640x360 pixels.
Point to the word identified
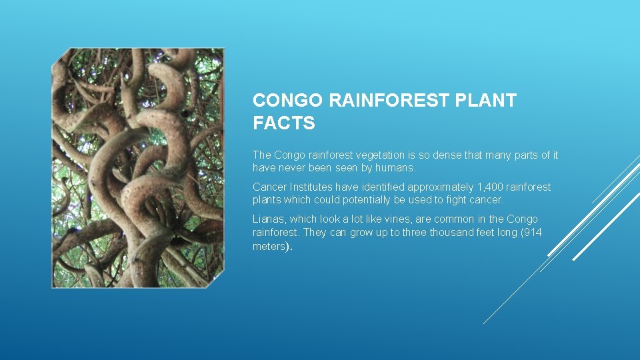point(383,187)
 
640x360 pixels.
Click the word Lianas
point(269,219)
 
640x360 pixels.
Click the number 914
point(533,232)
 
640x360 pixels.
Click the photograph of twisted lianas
point(138,168)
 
